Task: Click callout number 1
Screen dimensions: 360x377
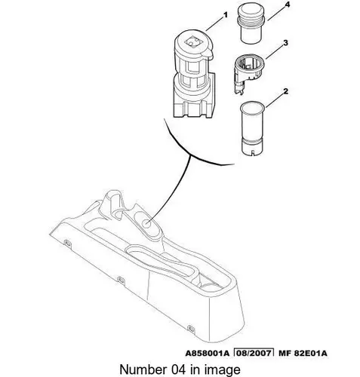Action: [x=226, y=15]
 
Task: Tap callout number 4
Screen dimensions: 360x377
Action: [x=288, y=5]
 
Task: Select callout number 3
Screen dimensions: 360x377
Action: [x=285, y=43]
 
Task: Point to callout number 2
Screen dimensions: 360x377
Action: [x=285, y=91]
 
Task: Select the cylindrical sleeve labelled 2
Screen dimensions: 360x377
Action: [x=252, y=129]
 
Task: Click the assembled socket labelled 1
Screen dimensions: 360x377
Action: [x=194, y=74]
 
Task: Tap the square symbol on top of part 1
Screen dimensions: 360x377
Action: [x=193, y=41]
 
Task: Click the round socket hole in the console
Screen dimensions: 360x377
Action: [x=146, y=223]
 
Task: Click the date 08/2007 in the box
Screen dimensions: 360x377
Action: [x=254, y=353]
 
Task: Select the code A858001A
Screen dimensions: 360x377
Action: [x=208, y=353]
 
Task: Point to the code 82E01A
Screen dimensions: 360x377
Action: [x=311, y=353]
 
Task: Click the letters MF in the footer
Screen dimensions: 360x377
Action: [x=285, y=353]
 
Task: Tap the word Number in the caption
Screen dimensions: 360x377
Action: [x=143, y=369]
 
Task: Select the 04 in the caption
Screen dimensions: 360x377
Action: [x=177, y=369]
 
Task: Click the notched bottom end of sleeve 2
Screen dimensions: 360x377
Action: [x=252, y=150]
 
